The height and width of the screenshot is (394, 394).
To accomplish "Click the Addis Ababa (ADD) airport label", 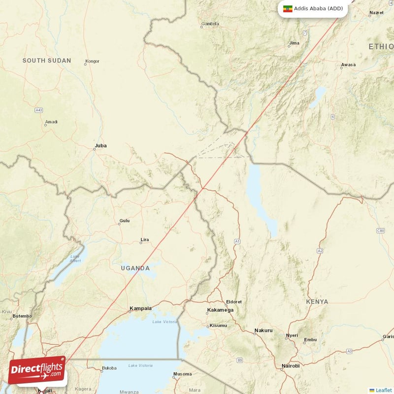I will pos(318,8).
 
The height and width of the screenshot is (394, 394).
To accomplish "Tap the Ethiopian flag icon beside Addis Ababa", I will pos(288,8).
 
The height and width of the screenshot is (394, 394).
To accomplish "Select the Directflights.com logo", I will pos(37,370).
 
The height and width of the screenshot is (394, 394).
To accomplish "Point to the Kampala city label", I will pos(140,309).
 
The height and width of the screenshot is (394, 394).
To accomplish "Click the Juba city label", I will pos(100,146).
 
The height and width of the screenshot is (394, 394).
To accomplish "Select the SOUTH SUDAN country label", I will pos(47,61).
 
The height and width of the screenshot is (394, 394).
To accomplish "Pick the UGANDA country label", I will pos(135,268).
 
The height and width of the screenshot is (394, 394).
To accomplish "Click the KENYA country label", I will pos(317,301).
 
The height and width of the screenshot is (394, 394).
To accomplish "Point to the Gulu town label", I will pos(125,221).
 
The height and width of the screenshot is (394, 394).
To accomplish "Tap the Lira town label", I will pos(145,240).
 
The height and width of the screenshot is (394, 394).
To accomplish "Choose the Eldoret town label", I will pos(233,301).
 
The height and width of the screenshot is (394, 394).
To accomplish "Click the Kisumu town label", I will pos(218,326).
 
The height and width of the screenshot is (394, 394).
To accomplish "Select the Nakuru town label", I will pos(263,330).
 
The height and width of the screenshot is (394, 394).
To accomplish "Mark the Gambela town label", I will pos(210,23).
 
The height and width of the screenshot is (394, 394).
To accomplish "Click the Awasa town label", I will pos(348,65).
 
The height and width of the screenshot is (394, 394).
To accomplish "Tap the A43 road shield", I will pos(39,110).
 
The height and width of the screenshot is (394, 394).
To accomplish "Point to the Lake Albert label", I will pos(75,258).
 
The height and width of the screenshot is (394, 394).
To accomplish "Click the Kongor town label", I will pos(92,62).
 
